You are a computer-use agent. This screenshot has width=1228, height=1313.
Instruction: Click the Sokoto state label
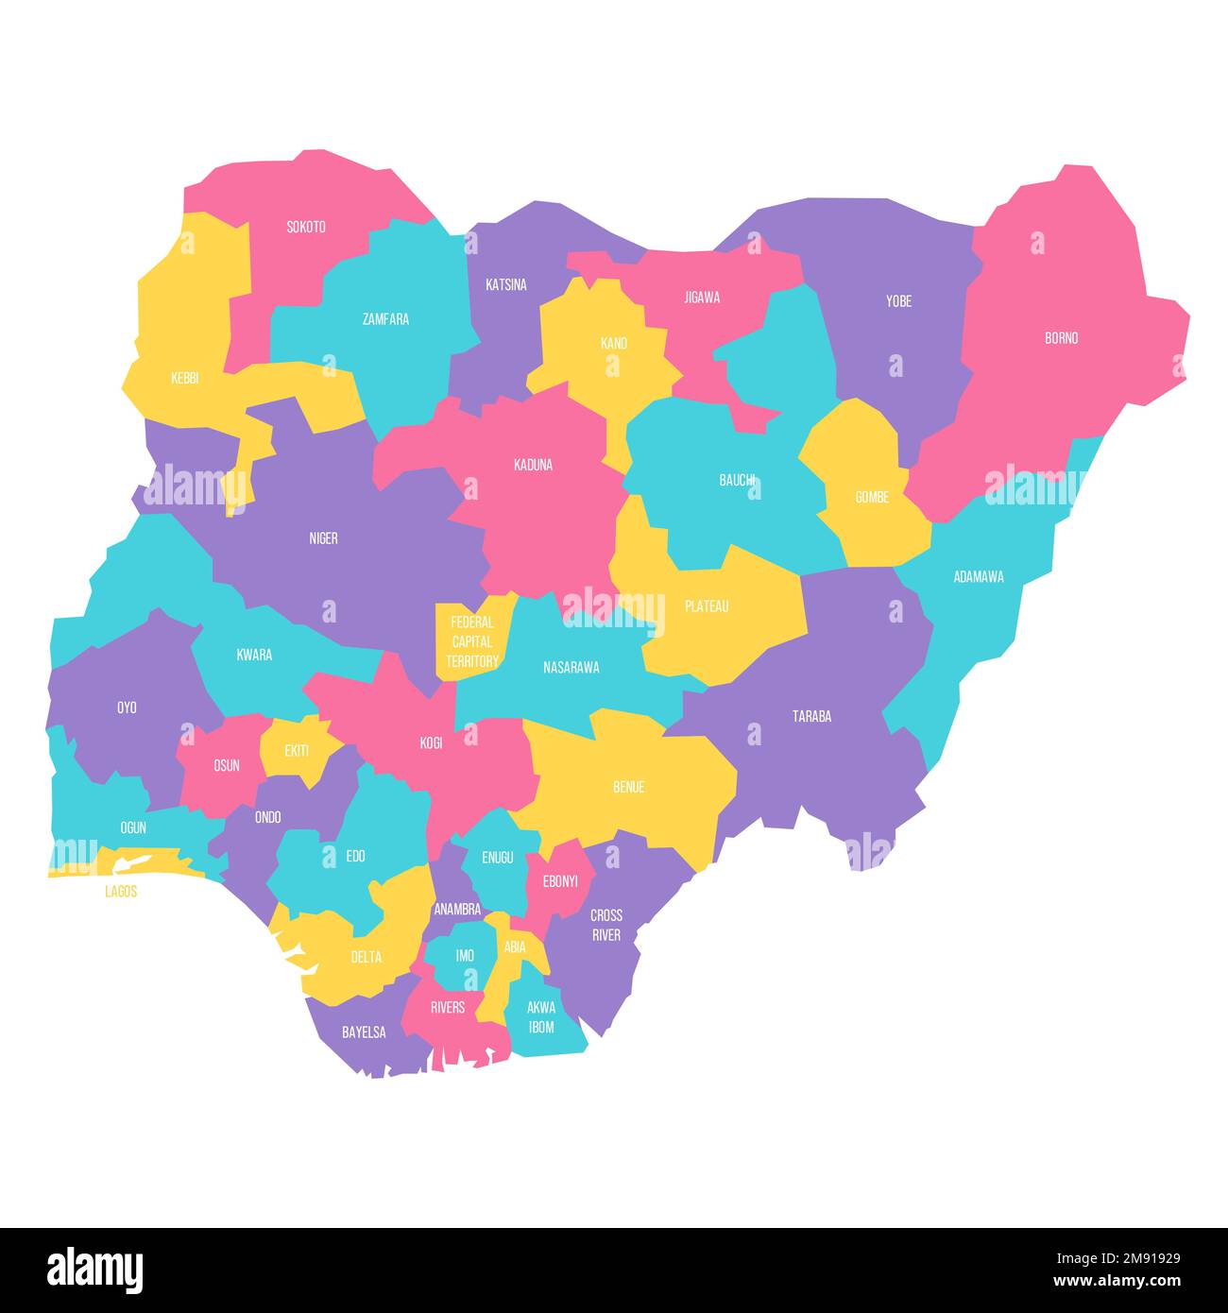[x=306, y=227]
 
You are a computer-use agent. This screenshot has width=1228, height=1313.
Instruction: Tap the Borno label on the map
[x=1061, y=338]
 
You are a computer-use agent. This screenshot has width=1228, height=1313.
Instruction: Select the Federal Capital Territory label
[x=471, y=641]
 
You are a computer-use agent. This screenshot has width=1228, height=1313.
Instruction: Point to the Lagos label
[x=121, y=891]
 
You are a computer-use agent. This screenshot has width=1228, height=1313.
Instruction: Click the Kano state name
[x=613, y=343]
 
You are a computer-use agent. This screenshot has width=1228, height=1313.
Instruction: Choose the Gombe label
[x=872, y=497]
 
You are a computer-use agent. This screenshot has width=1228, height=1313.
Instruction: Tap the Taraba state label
[x=811, y=716]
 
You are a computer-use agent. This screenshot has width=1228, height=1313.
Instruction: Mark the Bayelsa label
[x=364, y=1032]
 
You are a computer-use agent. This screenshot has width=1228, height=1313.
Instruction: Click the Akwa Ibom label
[x=541, y=1017]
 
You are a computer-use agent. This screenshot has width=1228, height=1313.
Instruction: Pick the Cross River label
[x=606, y=925]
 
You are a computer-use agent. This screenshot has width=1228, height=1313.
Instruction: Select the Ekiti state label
[x=297, y=751]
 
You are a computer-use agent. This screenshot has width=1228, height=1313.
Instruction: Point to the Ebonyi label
[x=560, y=881]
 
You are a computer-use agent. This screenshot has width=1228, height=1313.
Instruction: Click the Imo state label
[x=465, y=956]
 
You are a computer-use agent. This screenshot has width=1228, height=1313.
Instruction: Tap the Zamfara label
[x=385, y=319]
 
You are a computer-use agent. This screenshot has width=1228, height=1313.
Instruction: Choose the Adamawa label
[x=978, y=576]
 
